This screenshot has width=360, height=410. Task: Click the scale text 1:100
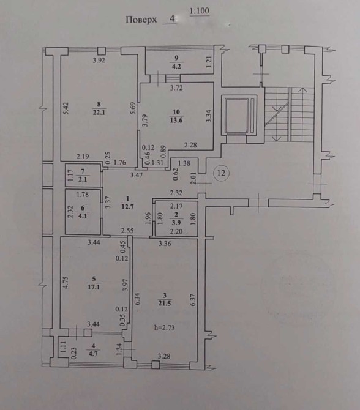[200, 11]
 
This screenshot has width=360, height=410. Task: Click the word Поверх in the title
[141, 20]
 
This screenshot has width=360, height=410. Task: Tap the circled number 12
[222, 173]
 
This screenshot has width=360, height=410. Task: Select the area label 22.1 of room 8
[99, 113]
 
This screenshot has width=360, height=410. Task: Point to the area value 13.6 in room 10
[176, 121]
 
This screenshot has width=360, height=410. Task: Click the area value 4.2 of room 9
[176, 67]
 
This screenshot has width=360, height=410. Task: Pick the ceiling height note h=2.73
[164, 327]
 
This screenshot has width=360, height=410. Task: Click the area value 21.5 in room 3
[165, 304]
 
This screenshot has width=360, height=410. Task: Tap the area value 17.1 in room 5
[94, 287]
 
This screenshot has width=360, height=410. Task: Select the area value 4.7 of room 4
[94, 354]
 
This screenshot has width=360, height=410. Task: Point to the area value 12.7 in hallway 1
[128, 207]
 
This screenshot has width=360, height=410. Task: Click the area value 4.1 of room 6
[83, 216]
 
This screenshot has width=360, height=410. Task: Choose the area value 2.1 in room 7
[83, 179]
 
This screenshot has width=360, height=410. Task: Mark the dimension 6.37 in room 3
[193, 300]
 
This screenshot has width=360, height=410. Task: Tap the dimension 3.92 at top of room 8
[99, 60]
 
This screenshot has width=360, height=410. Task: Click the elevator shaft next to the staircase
[239, 115]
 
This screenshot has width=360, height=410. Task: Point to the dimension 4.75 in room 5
[66, 282]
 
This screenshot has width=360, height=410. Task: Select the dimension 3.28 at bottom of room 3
[164, 356]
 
